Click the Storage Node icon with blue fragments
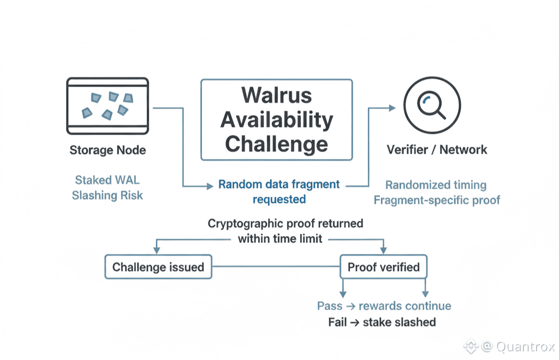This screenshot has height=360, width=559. (x=108, y=105)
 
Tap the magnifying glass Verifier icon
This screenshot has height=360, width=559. (x=432, y=104)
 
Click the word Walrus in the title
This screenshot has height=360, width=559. (x=276, y=95)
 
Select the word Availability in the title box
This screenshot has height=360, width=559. (x=276, y=119)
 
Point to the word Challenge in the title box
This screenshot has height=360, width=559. (x=276, y=144)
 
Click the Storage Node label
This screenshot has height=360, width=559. (x=108, y=150)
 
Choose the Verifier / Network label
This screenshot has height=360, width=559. (x=437, y=149)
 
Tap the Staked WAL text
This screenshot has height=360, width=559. (x=107, y=180)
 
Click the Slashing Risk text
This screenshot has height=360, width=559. (x=107, y=195)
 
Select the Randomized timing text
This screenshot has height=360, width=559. (x=436, y=185)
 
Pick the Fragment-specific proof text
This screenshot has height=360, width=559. (x=437, y=200)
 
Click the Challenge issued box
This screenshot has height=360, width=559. (x=158, y=267)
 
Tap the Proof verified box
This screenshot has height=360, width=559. (x=384, y=267)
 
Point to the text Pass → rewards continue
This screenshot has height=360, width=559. (x=384, y=306)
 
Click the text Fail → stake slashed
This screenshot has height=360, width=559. (x=382, y=322)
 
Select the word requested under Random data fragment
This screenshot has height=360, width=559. (x=279, y=199)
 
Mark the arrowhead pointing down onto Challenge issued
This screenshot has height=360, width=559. (x=157, y=250)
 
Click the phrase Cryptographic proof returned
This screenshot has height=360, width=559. (x=285, y=224)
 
